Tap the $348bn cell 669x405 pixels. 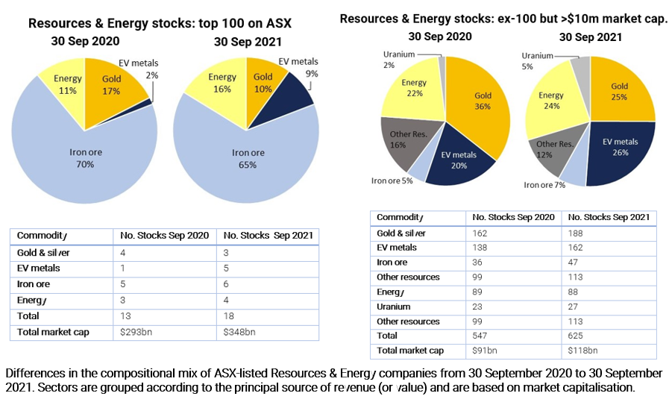238,332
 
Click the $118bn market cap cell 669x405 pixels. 582,351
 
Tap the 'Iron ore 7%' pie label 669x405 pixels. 544,184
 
